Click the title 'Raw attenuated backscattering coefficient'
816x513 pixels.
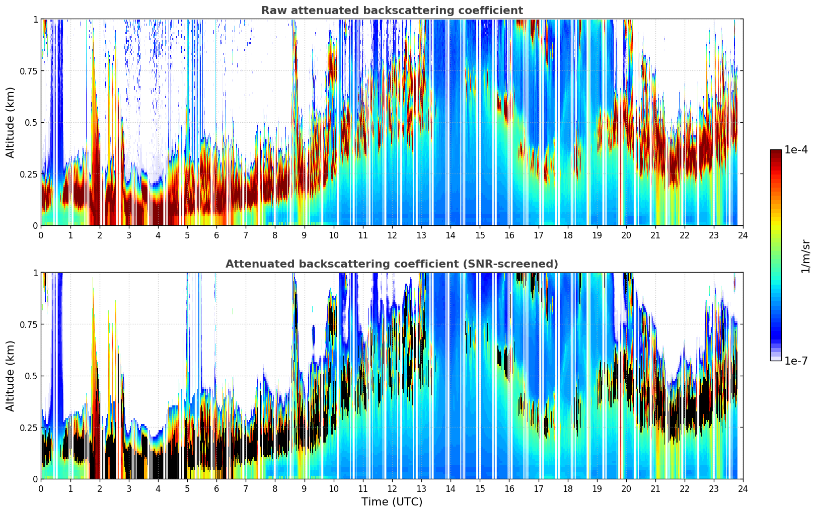tap(392, 11)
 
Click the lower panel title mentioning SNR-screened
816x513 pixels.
tap(392, 264)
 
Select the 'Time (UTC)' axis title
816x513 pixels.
tap(392, 501)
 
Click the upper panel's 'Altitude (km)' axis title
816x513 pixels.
tap(11, 122)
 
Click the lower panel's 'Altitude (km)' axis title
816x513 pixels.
tap(11, 376)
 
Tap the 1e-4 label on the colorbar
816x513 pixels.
tap(796, 150)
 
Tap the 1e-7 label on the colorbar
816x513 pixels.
tap(796, 361)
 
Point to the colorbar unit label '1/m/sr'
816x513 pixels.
tap(805, 256)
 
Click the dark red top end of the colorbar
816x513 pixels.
tap(776, 152)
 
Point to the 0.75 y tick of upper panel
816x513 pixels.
tap(28, 71)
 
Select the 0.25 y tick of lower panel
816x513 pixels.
tap(28, 427)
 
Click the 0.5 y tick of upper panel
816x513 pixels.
tap(31, 123)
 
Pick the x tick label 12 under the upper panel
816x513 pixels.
tap(392, 235)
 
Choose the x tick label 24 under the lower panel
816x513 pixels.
tap(743, 488)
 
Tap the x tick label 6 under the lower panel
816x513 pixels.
tap(216, 488)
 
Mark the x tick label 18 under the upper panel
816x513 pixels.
tap(567, 235)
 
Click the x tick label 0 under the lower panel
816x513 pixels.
tap(41, 488)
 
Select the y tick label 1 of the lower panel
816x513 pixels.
tap(35, 273)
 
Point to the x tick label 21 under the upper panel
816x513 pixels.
tap(655, 235)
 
